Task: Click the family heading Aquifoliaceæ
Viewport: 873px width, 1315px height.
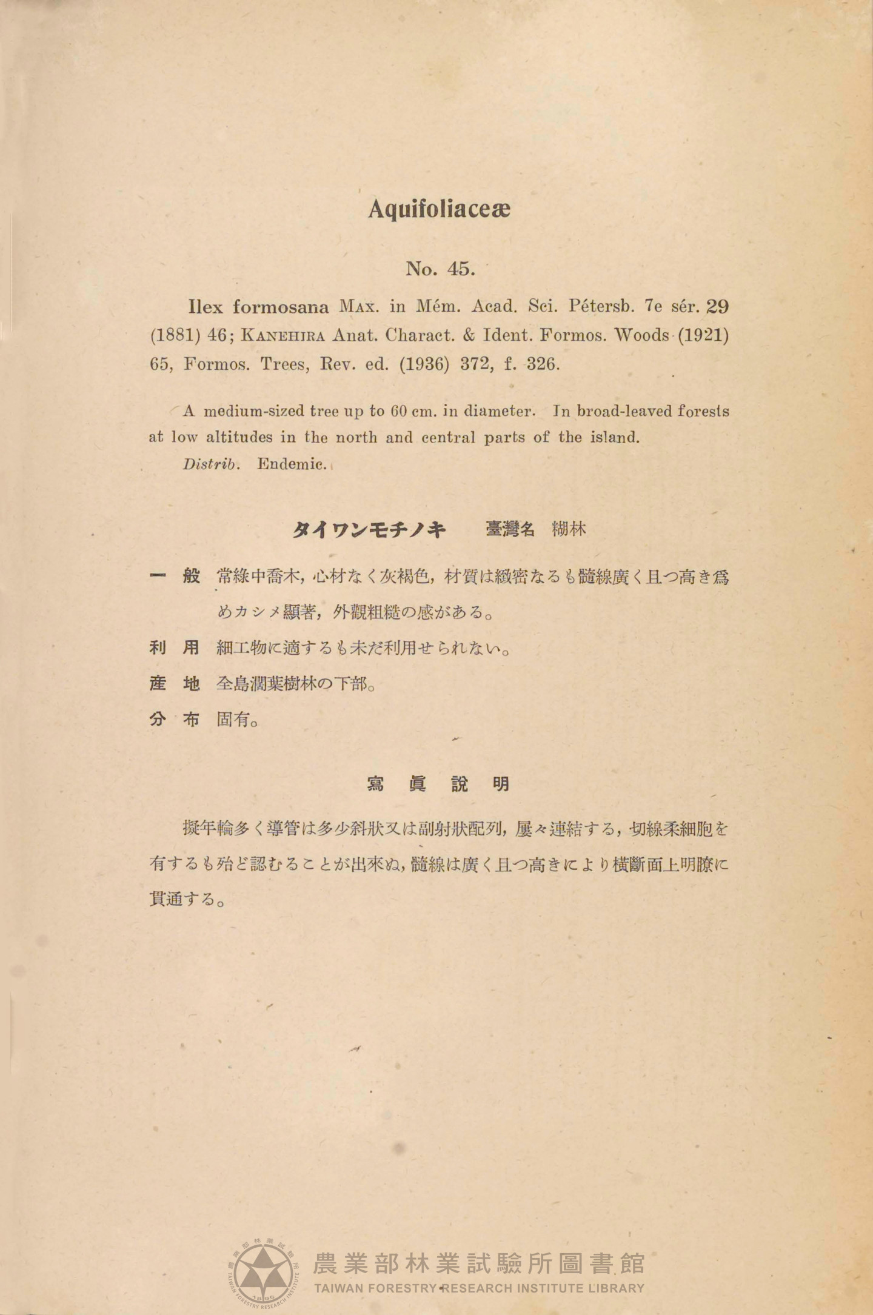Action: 439,209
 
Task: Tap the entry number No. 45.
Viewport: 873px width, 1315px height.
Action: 440,269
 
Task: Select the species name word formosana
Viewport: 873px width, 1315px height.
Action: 281,307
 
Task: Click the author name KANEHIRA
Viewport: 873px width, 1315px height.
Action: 276,335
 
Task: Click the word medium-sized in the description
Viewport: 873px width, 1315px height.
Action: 253,411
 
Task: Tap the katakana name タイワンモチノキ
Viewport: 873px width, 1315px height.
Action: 369,530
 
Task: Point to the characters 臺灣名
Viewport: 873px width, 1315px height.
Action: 510,529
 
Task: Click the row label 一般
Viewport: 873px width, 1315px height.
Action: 175,576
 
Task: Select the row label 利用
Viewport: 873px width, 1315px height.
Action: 175,648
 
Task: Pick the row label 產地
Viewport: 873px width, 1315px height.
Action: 175,684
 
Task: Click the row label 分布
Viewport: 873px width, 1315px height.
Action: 175,720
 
